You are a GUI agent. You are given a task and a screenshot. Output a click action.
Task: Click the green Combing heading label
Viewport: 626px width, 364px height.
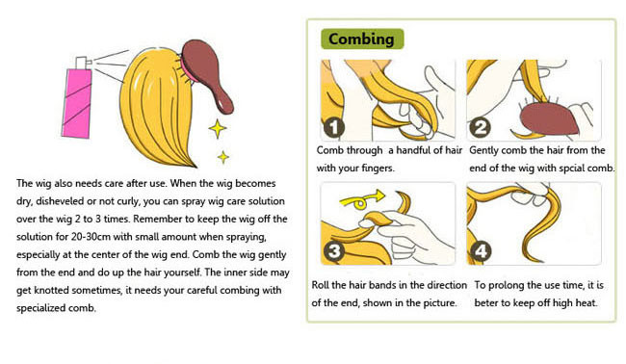362,39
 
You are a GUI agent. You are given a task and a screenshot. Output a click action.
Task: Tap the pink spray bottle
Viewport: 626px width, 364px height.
77,103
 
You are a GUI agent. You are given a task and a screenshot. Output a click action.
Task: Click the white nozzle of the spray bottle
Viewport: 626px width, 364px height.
83,63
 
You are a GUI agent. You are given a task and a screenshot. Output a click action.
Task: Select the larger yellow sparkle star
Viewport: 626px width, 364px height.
218,128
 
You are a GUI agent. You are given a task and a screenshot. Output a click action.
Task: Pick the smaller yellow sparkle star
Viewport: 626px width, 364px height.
223,157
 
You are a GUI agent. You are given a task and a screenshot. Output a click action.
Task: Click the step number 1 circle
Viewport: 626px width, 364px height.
334,127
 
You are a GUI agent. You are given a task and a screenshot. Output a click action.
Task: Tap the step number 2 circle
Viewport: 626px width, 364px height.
480,128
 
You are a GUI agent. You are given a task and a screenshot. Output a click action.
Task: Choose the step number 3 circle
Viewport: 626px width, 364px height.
334,251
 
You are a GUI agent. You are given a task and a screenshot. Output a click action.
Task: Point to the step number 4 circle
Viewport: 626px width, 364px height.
481,251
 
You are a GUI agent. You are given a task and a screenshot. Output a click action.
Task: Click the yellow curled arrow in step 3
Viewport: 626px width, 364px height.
361,199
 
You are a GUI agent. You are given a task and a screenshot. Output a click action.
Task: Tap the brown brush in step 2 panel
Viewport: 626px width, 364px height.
550,118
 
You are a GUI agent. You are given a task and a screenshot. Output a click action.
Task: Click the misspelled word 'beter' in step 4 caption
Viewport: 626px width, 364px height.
485,303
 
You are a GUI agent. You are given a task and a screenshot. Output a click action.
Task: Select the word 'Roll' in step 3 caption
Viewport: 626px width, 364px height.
320,285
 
